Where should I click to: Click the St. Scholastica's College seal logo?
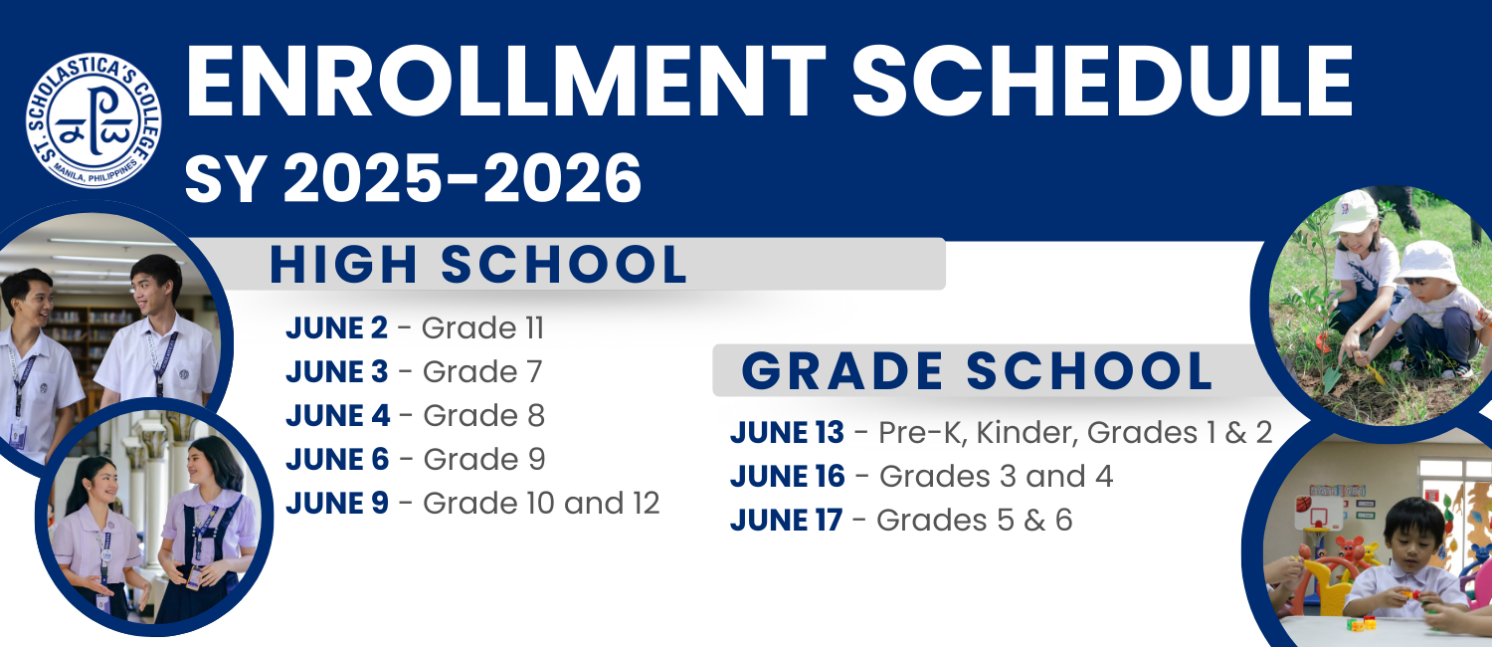pos(93,119)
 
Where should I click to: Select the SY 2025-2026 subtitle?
pos(413,178)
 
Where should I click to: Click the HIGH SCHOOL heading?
pos(478,265)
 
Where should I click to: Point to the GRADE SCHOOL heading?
pos(977,371)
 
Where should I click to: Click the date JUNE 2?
pos(336,327)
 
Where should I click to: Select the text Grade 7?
pos(482,372)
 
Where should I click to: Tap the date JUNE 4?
pos(338,416)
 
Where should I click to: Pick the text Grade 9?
pos(484,459)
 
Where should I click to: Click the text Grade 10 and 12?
pos(541,503)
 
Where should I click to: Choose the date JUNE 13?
pos(788,432)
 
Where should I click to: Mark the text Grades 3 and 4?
pos(996,477)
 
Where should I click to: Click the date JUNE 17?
pos(786,521)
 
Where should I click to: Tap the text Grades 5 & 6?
pos(975,521)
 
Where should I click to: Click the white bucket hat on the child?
pos(1426,261)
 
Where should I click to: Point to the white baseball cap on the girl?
pos(1353,212)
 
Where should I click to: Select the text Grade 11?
pos(482,327)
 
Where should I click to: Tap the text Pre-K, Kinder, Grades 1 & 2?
pos(1075,432)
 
